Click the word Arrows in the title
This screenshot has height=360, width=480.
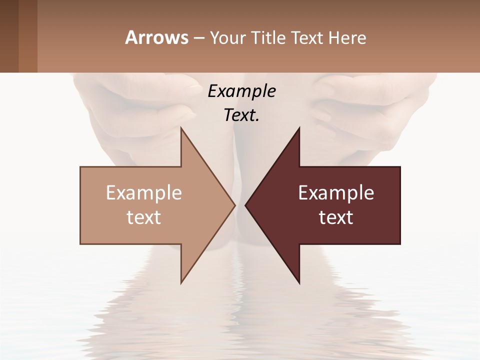click(156, 37)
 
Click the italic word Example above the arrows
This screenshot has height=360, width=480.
click(241, 91)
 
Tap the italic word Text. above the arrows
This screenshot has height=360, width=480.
click(241, 115)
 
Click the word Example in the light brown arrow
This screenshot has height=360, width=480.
click(143, 193)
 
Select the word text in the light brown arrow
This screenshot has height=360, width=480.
click(143, 217)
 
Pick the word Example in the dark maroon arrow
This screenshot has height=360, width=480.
click(336, 193)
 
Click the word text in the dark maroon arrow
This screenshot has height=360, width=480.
click(336, 217)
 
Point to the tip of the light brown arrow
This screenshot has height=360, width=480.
click(233, 205)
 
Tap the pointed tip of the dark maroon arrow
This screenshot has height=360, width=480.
click(246, 205)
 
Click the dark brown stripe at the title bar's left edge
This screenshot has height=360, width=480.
click(9, 36)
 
